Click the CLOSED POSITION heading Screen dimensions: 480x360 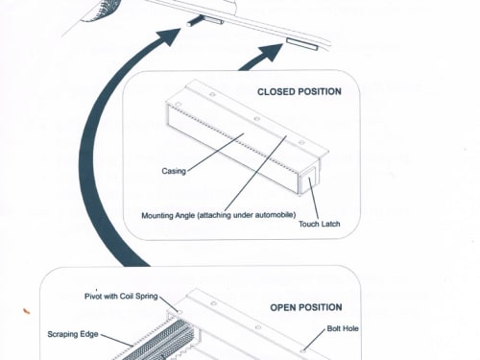pyautogui.click(x=300, y=92)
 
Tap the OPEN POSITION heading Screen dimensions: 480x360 pyautogui.click(x=306, y=307)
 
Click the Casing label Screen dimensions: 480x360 pyautogui.click(x=174, y=171)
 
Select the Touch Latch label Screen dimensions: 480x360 pyautogui.click(x=320, y=224)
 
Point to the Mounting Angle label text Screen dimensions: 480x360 pyautogui.click(x=219, y=215)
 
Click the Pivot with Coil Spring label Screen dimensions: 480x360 pyautogui.click(x=121, y=297)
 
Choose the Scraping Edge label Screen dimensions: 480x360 pyautogui.click(x=73, y=334)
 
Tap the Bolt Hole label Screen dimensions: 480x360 pyautogui.click(x=343, y=328)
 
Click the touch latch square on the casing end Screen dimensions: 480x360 pyautogui.click(x=308, y=180)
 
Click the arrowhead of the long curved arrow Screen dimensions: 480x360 pyautogui.click(x=170, y=36)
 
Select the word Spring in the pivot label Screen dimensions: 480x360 pyautogui.click(x=147, y=297)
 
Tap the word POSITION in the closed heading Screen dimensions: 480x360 pyautogui.click(x=320, y=92)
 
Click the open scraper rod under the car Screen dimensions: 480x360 pyautogui.click(x=204, y=21)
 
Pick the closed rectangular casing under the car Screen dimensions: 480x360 pyautogui.click(x=302, y=44)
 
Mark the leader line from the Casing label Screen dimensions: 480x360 pyautogui.click(x=215, y=153)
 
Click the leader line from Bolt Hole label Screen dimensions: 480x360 pyautogui.click(x=314, y=340)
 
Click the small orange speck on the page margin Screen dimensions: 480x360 pyautogui.click(x=26, y=311)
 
